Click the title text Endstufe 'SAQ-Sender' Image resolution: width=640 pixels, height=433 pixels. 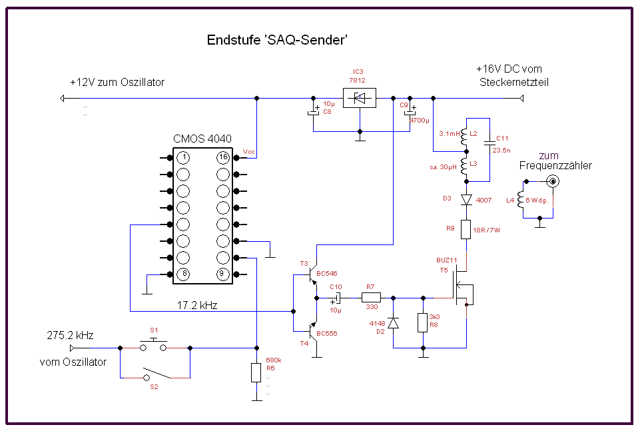click(278, 40)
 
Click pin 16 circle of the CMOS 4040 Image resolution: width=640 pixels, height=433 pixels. click(222, 158)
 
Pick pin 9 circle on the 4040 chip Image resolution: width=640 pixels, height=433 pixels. click(222, 274)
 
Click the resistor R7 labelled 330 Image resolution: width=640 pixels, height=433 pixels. click(370, 298)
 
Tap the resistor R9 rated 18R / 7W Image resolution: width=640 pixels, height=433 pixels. click(466, 230)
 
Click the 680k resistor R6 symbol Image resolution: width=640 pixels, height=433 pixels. click(256, 372)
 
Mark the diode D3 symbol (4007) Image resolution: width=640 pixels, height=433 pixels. click(466, 199)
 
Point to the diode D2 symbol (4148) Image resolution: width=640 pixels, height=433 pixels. click(393, 322)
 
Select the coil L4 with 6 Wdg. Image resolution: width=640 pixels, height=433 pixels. click(521, 200)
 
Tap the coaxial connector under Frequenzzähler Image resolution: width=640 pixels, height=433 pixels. click(552, 181)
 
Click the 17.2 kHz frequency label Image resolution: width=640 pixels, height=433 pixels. click(198, 306)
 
